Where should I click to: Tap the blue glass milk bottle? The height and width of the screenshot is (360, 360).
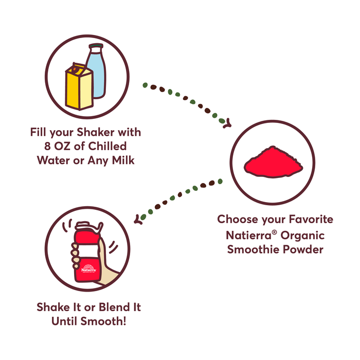click(x=98, y=72)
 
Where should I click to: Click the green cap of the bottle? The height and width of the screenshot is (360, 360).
click(x=96, y=47)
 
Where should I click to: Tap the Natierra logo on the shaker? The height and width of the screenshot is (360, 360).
click(x=87, y=268)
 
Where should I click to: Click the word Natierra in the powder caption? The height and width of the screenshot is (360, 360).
click(x=244, y=235)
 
